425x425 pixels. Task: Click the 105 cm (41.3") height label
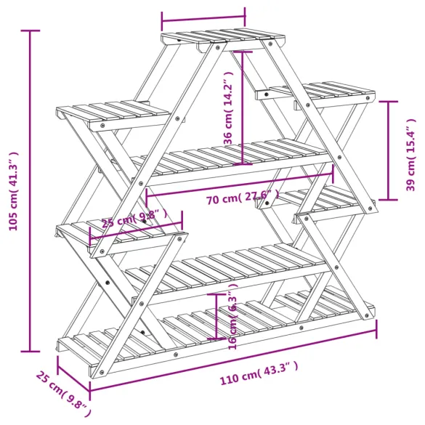click(12, 191)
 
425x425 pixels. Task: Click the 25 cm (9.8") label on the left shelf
click(134, 218)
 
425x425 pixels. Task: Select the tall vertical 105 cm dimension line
click(30, 191)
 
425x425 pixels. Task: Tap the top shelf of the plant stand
click(222, 37)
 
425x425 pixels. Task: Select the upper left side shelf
click(113, 113)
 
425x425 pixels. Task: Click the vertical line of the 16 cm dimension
click(215, 316)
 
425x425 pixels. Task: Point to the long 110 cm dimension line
click(232, 357)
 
